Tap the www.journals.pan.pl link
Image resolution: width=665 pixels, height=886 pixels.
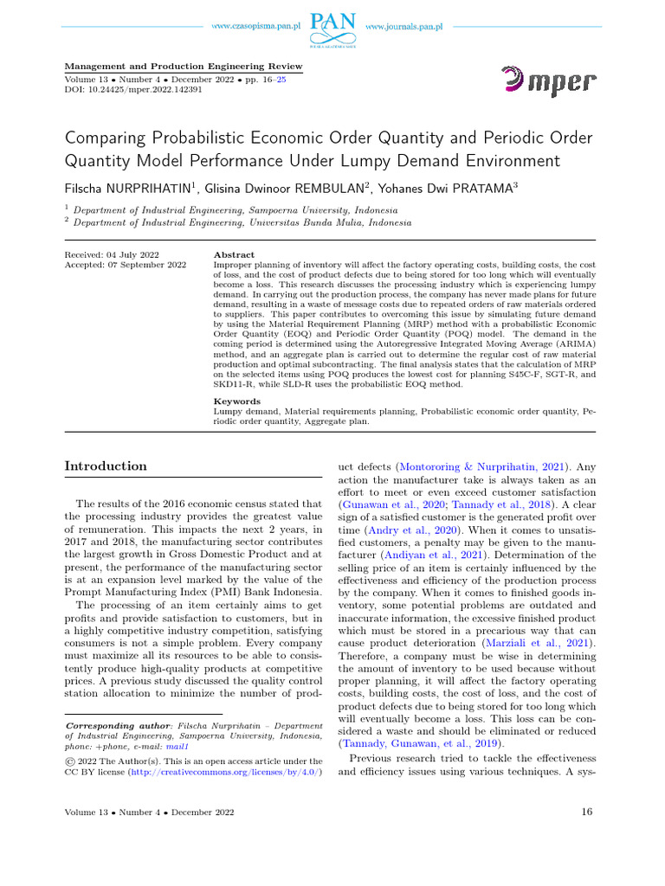click(x=404, y=28)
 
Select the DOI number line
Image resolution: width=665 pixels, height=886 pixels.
click(x=134, y=89)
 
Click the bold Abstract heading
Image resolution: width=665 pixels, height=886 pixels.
click(x=234, y=254)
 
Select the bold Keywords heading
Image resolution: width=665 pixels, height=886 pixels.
click(x=236, y=401)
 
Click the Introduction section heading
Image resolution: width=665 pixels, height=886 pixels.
click(x=106, y=466)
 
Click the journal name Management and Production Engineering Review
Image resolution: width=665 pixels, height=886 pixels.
click(x=184, y=66)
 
